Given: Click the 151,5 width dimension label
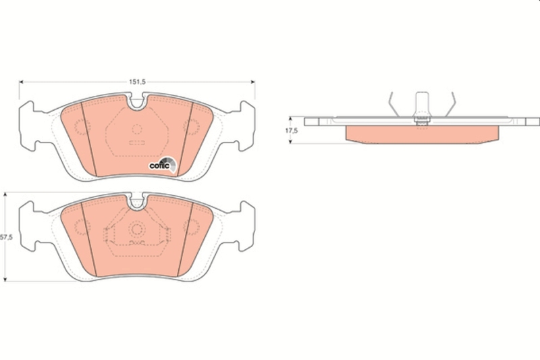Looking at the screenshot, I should point(137,82).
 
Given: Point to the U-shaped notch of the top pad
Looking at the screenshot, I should point(137,104).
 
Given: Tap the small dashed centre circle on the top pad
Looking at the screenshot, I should point(137,128).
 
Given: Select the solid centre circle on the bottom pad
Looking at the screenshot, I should point(137,228).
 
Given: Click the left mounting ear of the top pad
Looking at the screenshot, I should point(28,126).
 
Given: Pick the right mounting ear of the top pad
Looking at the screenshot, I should point(246,126).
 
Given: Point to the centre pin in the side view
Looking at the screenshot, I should point(422,105).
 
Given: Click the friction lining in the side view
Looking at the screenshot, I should point(422,134).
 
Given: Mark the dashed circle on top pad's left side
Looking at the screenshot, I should point(80,126).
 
